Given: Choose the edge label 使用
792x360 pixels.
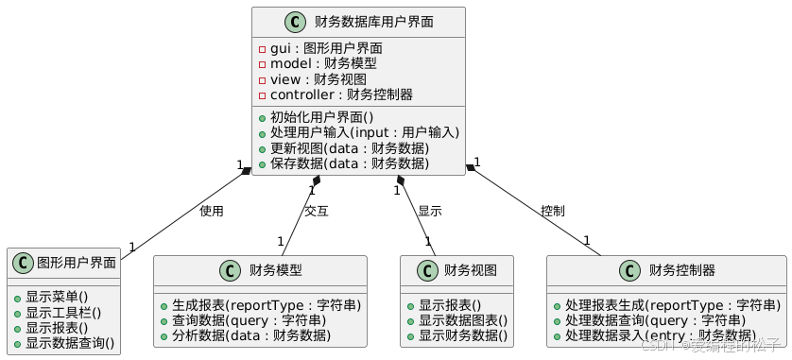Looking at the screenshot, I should [x=212, y=211].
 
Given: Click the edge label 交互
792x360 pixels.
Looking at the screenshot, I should [x=317, y=211].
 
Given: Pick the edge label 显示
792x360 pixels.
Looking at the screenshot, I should [x=429, y=211].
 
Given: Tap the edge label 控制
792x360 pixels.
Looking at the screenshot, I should [x=553, y=211].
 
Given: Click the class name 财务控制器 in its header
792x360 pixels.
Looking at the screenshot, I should [x=682, y=270].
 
